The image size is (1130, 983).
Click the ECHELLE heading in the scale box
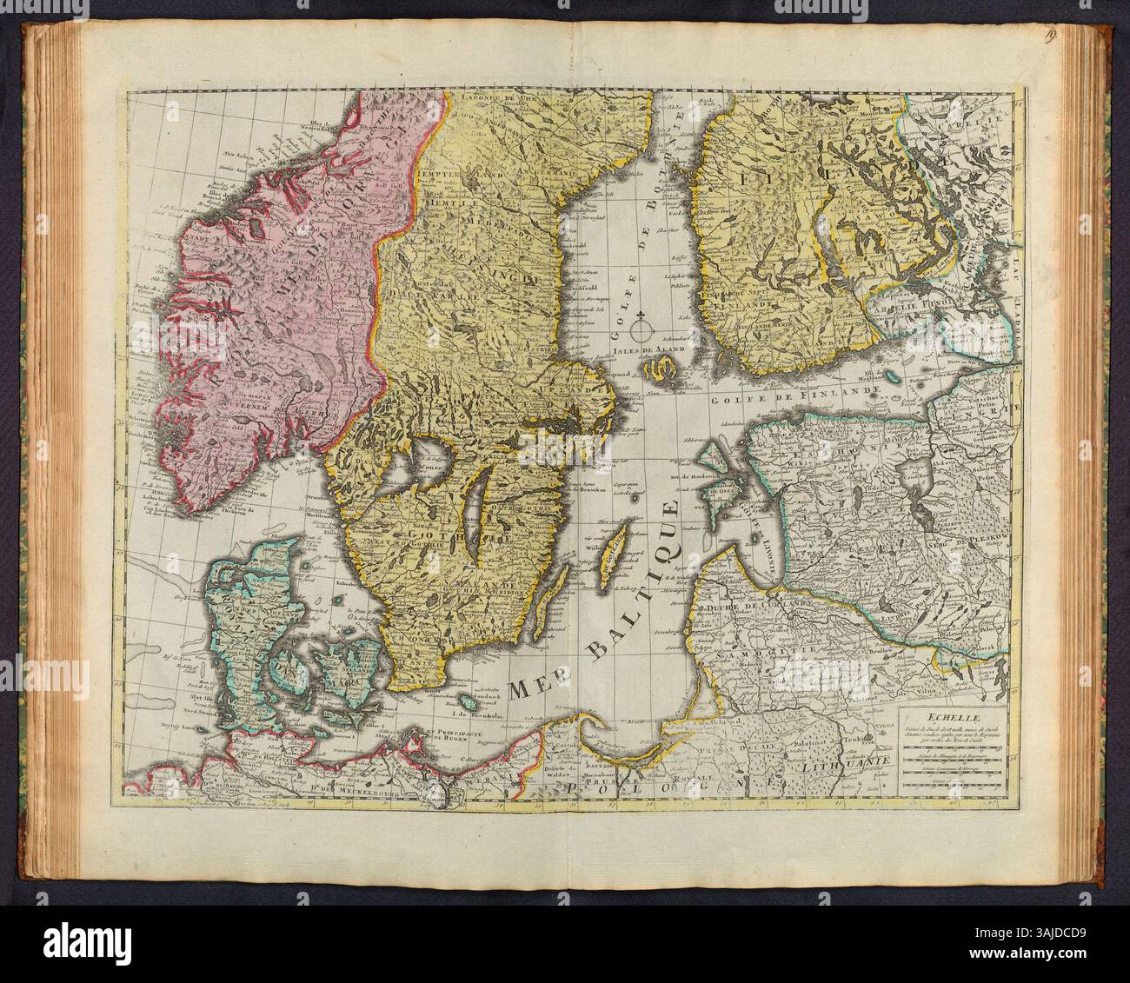pyautogui.click(x=952, y=717)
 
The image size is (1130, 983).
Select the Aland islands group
pyautogui.click(x=661, y=374)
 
